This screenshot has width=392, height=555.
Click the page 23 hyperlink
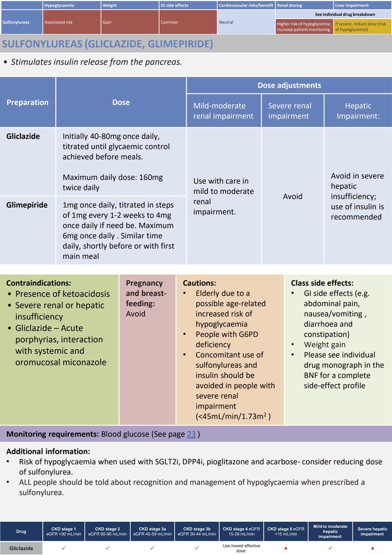tap(191, 434)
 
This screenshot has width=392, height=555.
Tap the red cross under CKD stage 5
tap(286, 548)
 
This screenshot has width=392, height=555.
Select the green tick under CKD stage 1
tap(64, 548)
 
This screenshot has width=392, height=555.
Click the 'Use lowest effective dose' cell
tap(241, 548)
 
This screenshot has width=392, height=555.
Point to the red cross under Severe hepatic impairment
tap(372, 548)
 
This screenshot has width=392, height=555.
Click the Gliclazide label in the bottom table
tap(21, 548)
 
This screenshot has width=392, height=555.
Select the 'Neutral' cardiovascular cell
tap(226, 22)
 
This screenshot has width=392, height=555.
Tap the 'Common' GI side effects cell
tap(169, 22)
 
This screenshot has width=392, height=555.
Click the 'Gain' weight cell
tap(107, 22)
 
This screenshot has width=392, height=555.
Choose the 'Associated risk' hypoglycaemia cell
tap(58, 22)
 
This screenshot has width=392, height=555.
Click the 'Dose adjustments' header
tap(289, 85)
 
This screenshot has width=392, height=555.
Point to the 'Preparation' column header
tap(27, 102)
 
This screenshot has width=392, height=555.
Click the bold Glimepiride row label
tap(27, 205)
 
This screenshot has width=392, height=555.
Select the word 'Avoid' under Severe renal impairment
tap(293, 196)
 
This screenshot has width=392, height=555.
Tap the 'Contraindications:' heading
tap(39, 283)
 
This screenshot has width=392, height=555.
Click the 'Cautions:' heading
tap(199, 283)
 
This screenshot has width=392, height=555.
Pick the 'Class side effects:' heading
tap(322, 283)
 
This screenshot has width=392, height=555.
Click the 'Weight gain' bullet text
tap(325, 344)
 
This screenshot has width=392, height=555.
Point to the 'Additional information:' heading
tap(48, 451)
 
